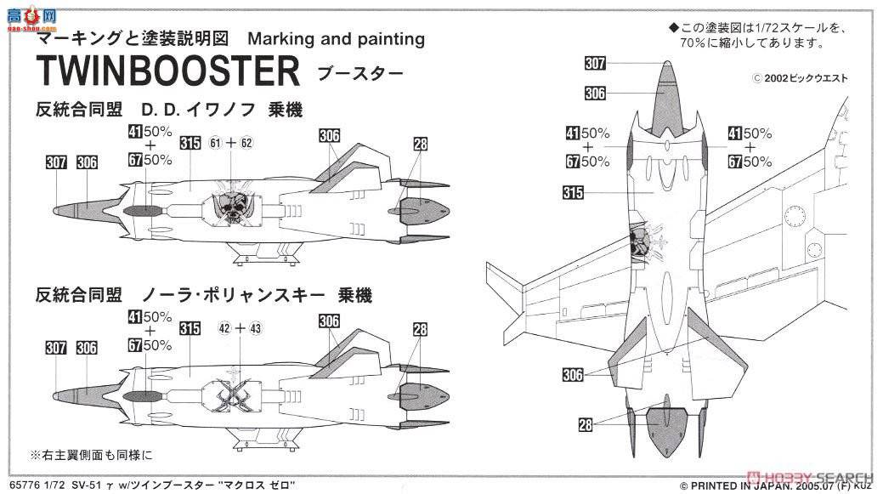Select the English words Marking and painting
(x=337, y=39)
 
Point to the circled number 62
(x=246, y=142)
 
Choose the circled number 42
(x=224, y=328)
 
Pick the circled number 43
(x=256, y=328)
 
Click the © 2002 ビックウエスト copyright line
(x=800, y=78)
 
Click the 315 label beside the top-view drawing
(x=573, y=193)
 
